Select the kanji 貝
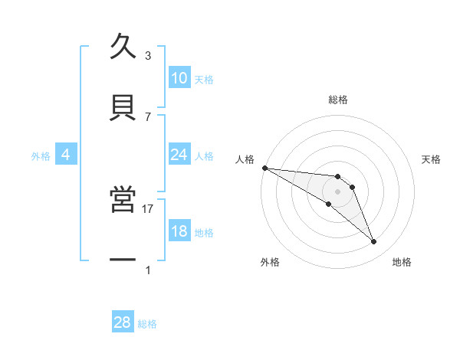(x=123, y=106)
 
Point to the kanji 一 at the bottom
(x=123, y=260)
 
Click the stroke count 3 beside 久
(x=148, y=56)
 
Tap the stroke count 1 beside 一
(x=148, y=270)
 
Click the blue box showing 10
(x=179, y=78)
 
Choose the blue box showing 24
(x=179, y=155)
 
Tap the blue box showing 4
(x=66, y=155)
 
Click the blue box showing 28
(x=123, y=322)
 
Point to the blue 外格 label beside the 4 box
(x=41, y=155)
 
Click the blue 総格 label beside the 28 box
(x=147, y=324)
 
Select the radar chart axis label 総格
(x=338, y=100)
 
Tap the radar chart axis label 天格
(x=432, y=159)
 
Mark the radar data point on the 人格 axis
(x=264, y=168)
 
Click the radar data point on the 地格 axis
(x=373, y=242)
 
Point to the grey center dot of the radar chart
(x=338, y=191)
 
